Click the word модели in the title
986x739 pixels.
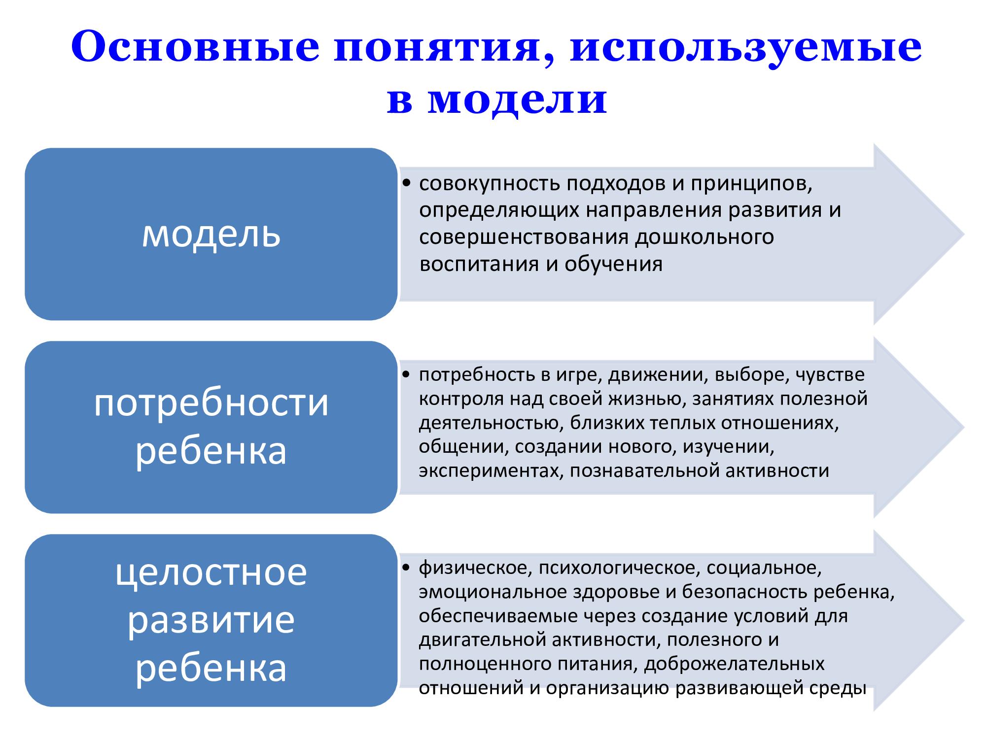coord(518,101)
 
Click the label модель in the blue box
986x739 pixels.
coord(211,234)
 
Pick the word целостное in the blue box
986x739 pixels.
coord(211,572)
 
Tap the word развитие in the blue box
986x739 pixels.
coord(211,621)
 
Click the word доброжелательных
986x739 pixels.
coord(734,664)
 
